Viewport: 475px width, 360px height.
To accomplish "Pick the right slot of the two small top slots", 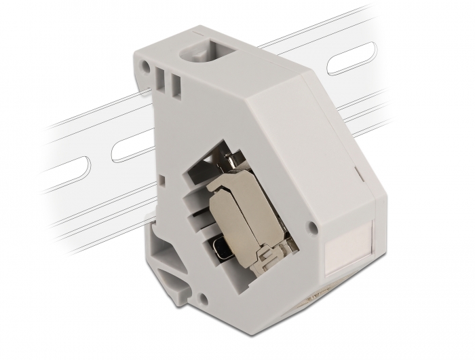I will (175, 86).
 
